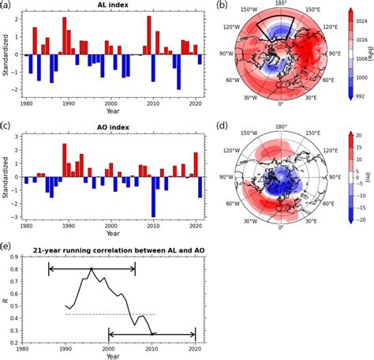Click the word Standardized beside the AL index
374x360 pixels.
7,54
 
